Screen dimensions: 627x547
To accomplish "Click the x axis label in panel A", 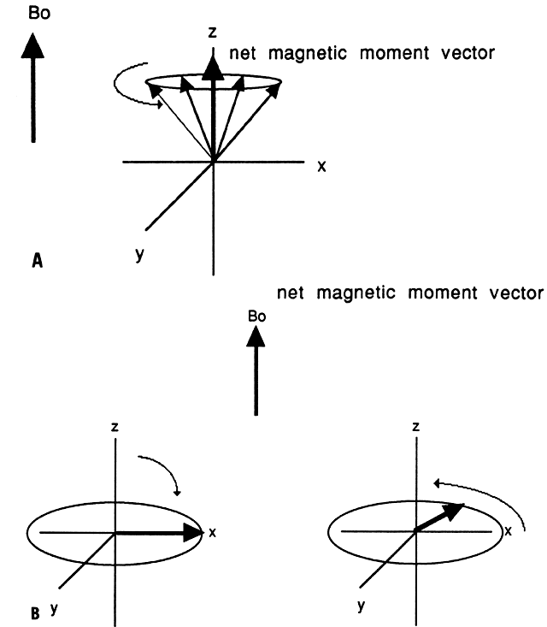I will [x=321, y=167].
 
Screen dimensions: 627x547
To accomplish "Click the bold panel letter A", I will [x=37, y=263].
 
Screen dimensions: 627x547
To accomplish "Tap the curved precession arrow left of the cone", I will [x=128, y=90].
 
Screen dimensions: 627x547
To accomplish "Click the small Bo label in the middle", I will [x=256, y=316].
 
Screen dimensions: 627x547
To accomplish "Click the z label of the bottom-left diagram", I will [x=115, y=425].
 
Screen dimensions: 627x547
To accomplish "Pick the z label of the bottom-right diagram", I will [x=415, y=425].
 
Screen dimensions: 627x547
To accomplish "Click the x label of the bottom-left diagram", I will [x=211, y=532].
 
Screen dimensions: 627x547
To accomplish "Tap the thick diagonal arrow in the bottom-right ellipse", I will [x=441, y=517].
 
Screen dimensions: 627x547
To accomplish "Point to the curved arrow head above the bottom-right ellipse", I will [x=438, y=483].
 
